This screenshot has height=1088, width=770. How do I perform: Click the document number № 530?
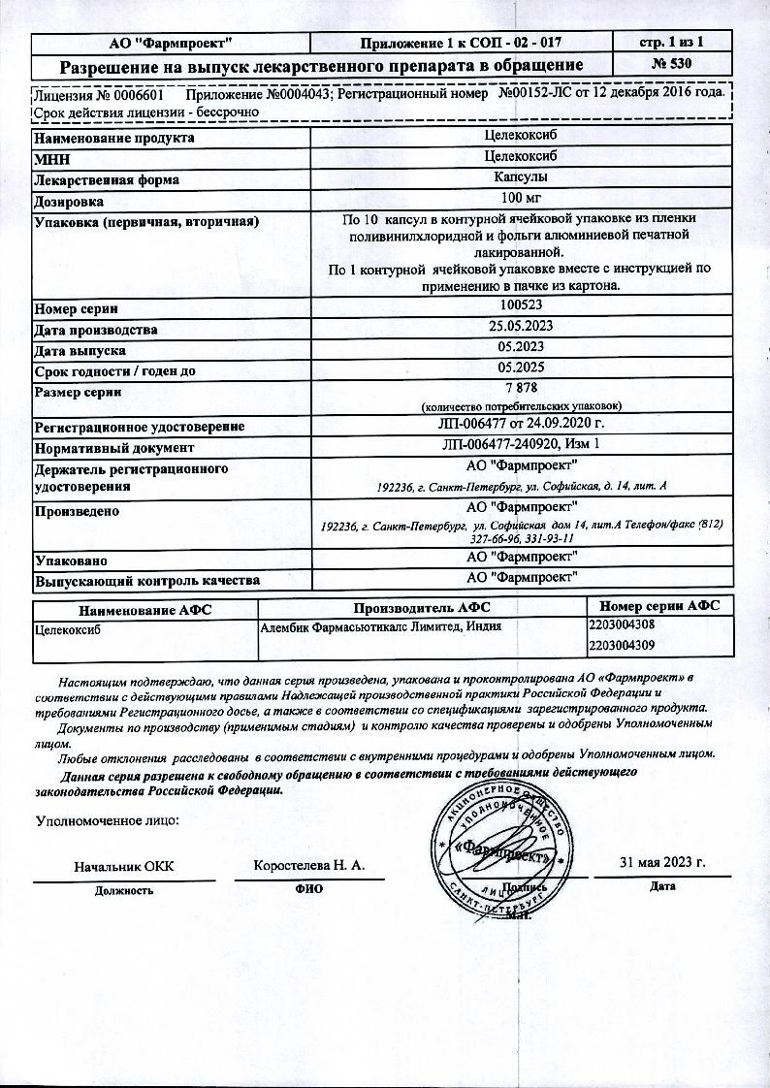pos(673,66)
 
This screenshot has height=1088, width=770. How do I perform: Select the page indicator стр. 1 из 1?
pos(673,42)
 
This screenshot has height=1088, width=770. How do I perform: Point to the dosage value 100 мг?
pos(520,201)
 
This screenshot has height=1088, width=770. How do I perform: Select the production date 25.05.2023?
pos(520,327)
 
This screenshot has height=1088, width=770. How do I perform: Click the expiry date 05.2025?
pos(520,368)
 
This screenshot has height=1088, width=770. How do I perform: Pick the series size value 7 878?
pos(520,388)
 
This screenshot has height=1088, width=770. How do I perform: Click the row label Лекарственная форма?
pos(108,180)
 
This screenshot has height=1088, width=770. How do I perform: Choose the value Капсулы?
pos(520,179)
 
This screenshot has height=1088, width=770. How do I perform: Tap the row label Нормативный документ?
pos(114,448)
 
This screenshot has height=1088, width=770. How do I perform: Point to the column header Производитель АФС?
pos(422,607)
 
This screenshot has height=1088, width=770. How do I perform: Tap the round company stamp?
pos(502,847)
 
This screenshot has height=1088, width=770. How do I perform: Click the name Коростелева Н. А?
pos(308,864)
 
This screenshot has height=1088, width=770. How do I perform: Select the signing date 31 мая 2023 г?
pos(662,863)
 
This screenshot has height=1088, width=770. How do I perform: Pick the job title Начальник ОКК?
pos(124,866)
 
